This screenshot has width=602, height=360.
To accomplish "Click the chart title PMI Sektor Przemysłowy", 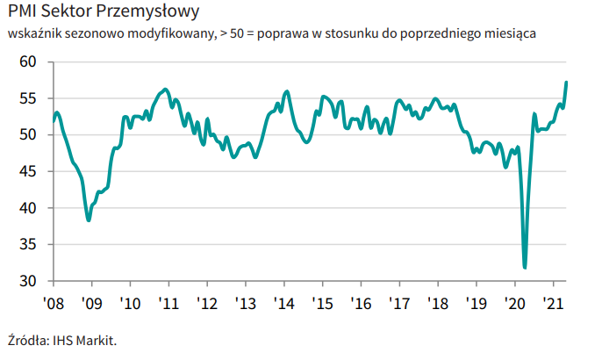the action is [x=104, y=11].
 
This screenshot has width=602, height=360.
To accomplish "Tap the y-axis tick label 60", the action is [x=28, y=61].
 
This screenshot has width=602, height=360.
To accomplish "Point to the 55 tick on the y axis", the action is [x=28, y=98].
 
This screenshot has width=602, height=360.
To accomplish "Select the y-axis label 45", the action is [x=28, y=171].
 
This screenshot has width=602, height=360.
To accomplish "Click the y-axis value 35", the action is [x=28, y=244].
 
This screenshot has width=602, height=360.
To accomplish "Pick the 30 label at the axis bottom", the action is [x=28, y=281].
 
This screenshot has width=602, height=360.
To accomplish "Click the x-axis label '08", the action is [x=54, y=304].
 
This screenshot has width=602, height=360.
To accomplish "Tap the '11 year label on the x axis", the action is [x=168, y=304].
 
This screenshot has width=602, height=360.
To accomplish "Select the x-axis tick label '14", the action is [x=284, y=304].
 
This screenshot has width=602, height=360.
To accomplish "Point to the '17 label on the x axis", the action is [x=399, y=304].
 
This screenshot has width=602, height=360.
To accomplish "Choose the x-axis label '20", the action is [x=514, y=304].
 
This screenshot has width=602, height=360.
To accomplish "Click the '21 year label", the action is [x=553, y=304].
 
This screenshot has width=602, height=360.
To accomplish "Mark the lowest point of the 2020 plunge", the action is [x=525, y=268].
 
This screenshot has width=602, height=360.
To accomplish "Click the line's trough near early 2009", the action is [x=89, y=220].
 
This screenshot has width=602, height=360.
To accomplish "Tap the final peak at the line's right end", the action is [x=566, y=82].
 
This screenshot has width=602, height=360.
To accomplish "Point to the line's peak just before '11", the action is [x=166, y=90].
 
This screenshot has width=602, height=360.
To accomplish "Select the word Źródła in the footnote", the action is [x=29, y=341].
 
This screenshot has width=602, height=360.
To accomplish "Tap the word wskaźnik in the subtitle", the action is [x=34, y=33].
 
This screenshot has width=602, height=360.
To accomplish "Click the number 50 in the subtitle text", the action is [x=237, y=33].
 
